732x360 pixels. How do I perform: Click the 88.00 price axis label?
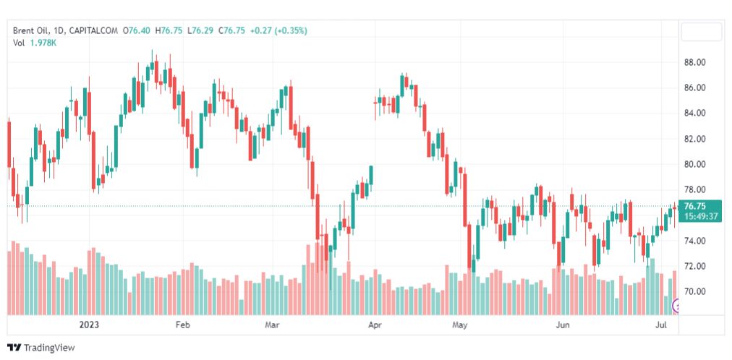click(695, 62)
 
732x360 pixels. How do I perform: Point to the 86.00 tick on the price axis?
click(695, 87)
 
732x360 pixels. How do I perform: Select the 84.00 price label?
click(695, 113)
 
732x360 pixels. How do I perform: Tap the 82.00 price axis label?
click(695, 139)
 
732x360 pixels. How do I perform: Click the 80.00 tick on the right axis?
click(695, 164)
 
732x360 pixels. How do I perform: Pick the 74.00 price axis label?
click(695, 241)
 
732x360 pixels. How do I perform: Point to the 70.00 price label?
click(695, 291)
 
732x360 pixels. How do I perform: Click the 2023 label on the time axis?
click(90, 325)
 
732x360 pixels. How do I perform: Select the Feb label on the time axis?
click(182, 325)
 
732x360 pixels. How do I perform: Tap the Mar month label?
click(272, 325)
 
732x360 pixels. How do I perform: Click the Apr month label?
click(375, 325)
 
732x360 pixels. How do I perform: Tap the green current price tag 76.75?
click(699, 205)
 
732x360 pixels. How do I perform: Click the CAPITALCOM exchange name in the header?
click(95, 30)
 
